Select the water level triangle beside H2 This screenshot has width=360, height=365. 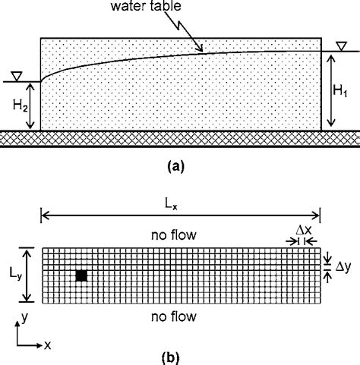[x=12, y=78]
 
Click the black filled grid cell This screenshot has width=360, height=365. [x=81, y=276]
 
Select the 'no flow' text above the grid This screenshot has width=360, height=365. [x=175, y=236]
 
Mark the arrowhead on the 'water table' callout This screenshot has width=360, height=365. [x=202, y=50]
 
